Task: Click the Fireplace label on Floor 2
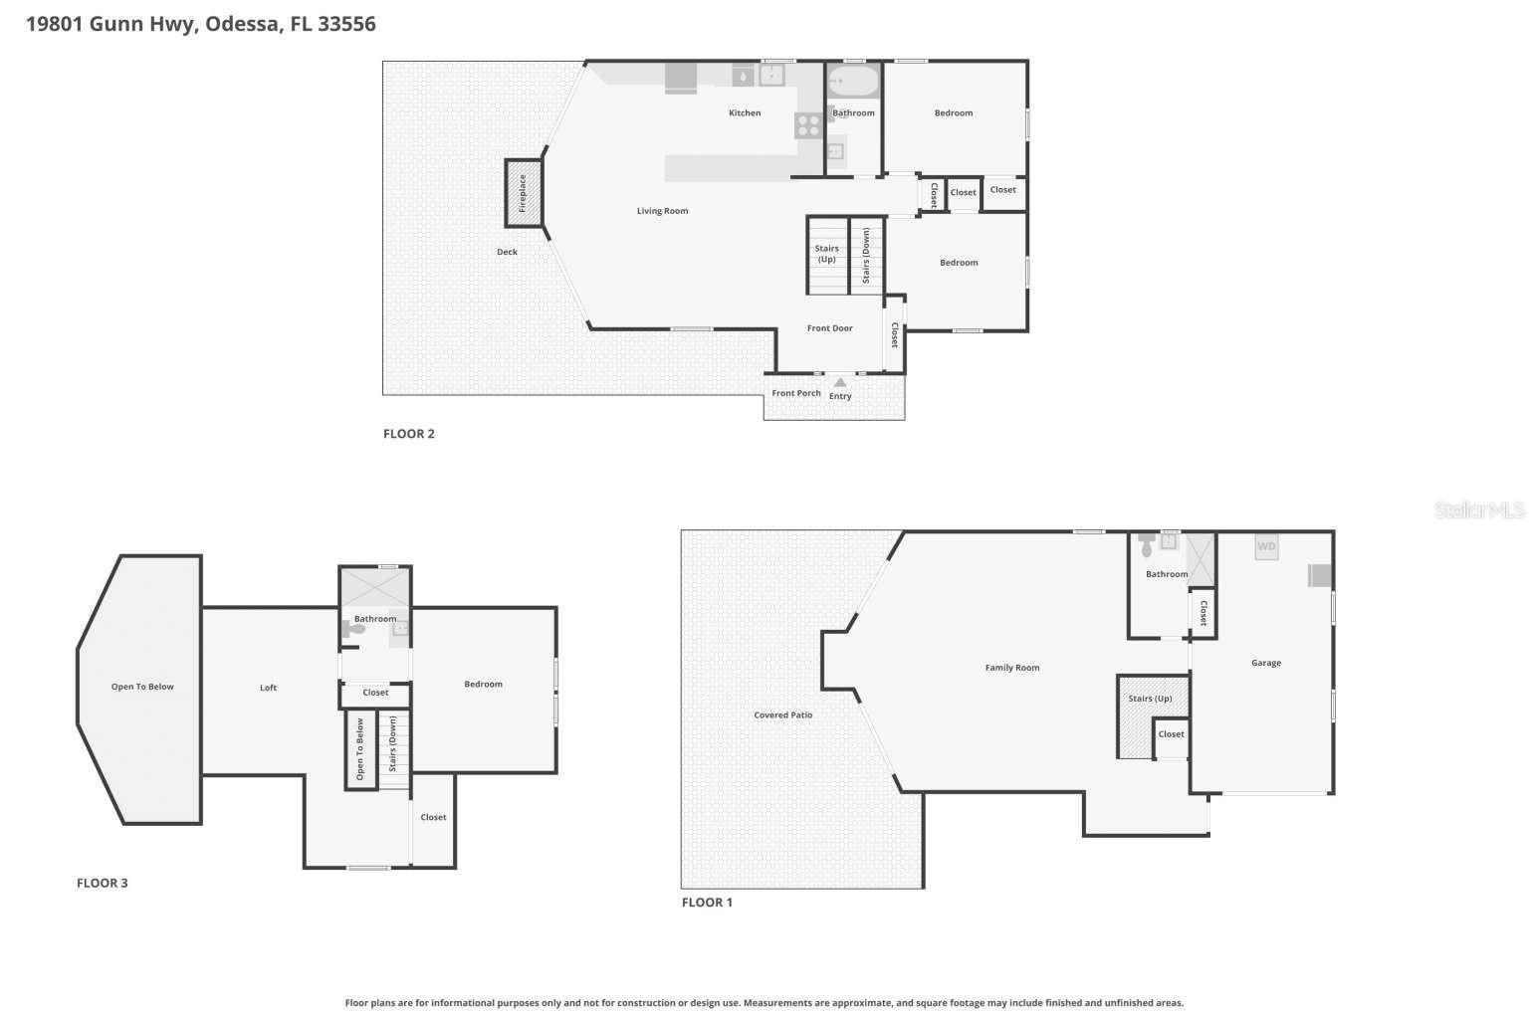click(x=523, y=192)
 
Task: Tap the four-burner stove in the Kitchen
click(x=807, y=125)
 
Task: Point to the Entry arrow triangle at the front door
click(x=840, y=383)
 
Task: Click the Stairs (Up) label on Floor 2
click(x=826, y=254)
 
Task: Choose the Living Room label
click(x=662, y=211)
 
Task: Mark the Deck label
click(x=507, y=252)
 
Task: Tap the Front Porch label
click(x=796, y=393)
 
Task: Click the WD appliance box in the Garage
click(x=1266, y=546)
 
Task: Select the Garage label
click(x=1266, y=663)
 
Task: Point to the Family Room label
click(x=1011, y=668)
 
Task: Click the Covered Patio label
click(x=782, y=715)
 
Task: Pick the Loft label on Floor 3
click(x=268, y=688)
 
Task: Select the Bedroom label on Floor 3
click(x=483, y=685)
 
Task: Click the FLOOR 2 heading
click(x=408, y=434)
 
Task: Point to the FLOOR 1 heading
click(x=706, y=903)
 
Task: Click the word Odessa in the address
click(x=242, y=24)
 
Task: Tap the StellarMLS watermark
click(x=1478, y=510)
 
